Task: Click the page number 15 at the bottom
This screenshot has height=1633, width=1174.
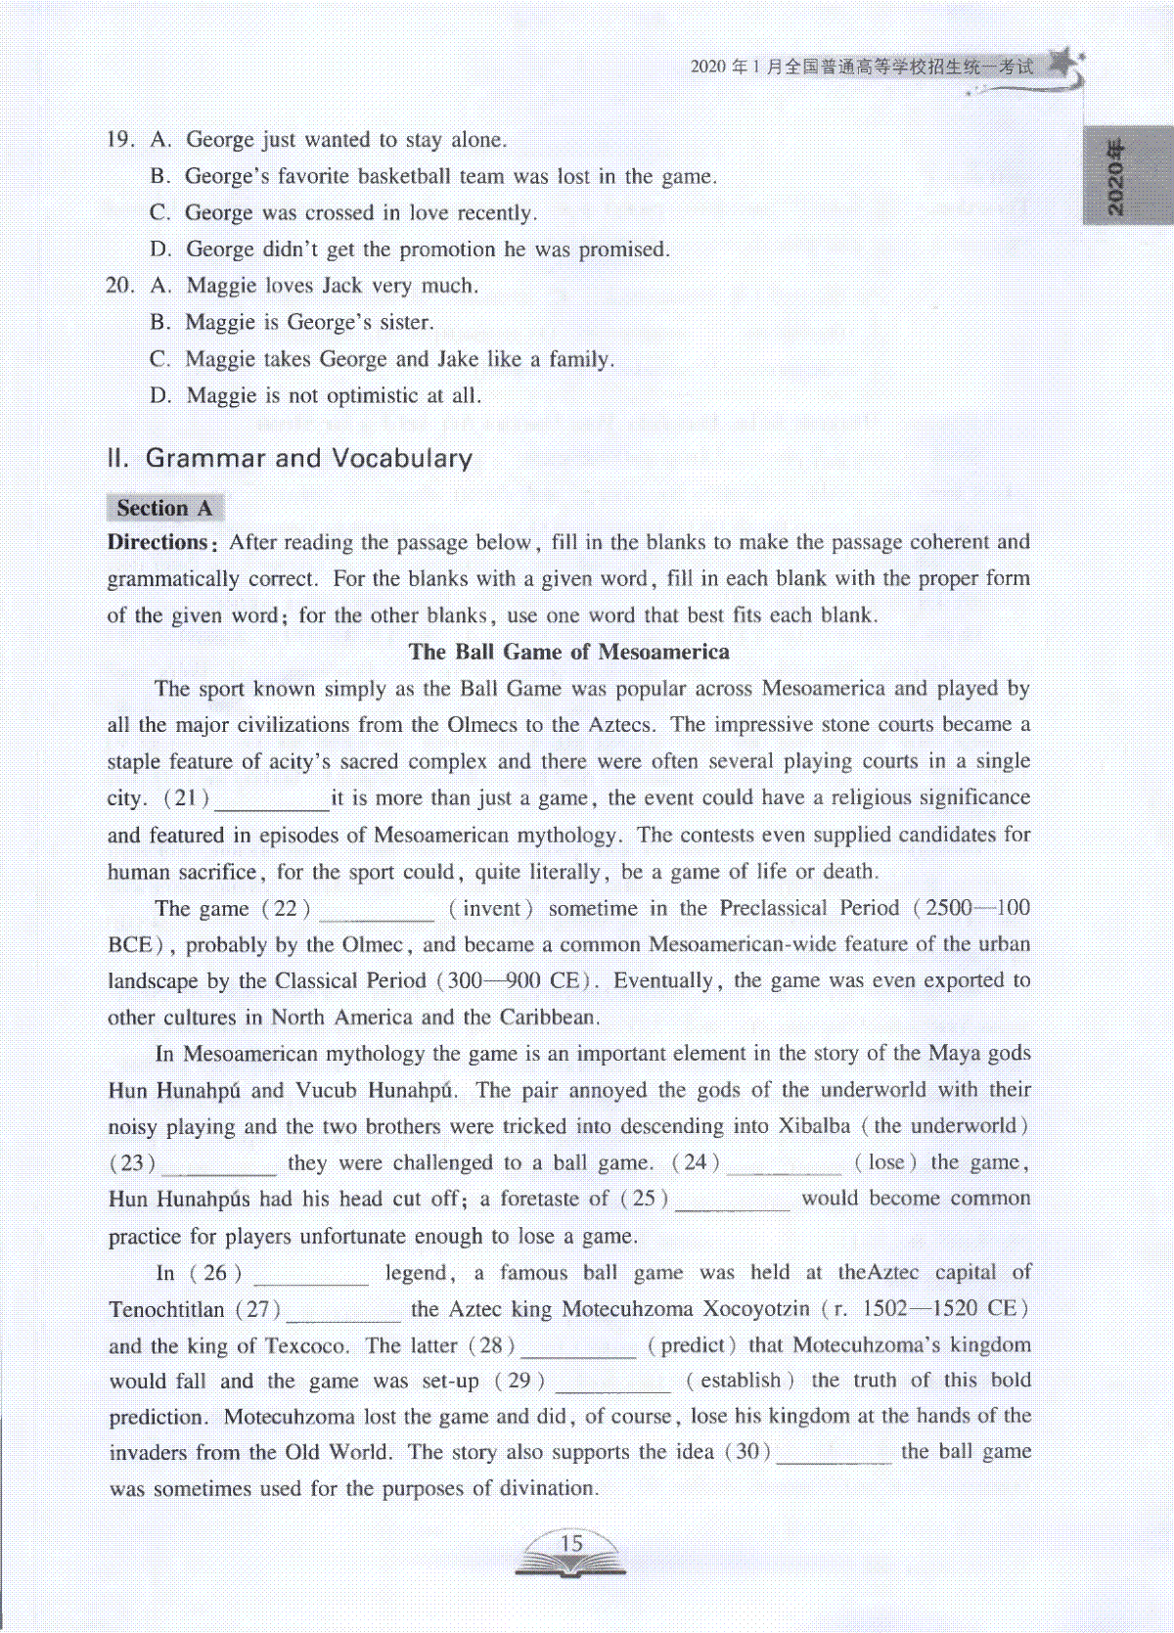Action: click(570, 1543)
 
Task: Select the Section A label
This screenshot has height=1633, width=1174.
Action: click(164, 508)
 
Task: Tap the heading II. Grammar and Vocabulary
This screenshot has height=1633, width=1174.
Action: click(290, 458)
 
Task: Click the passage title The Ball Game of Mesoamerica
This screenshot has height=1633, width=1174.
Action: click(568, 652)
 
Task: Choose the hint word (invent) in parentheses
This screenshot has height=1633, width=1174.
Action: click(491, 908)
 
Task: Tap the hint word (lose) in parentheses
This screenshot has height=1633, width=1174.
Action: click(885, 1162)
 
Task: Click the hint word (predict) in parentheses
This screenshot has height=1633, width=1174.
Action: click(692, 1345)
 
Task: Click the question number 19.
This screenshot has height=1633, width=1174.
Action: click(119, 140)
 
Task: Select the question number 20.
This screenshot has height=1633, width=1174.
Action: click(119, 286)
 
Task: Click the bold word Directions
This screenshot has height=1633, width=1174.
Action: click(158, 542)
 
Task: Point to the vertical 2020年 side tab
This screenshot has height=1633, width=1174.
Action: click(1116, 177)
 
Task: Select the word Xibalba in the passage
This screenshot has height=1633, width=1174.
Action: click(814, 1126)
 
